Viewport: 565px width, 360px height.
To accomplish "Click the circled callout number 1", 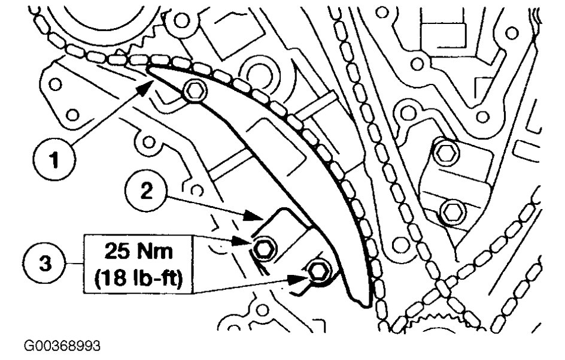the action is (x=54, y=159).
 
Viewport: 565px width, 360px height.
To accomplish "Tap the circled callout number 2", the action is (x=146, y=192).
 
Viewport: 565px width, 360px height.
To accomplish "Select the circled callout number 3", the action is (x=45, y=264).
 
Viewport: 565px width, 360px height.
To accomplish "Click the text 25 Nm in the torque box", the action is (x=139, y=251).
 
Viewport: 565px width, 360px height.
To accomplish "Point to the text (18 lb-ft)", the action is (x=139, y=278).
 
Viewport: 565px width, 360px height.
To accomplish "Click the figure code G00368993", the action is (x=62, y=346).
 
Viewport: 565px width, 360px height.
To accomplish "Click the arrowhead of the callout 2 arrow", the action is (x=253, y=216).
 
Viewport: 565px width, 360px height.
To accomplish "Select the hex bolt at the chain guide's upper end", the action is (x=195, y=91).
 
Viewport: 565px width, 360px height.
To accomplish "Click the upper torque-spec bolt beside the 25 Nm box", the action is (x=265, y=248).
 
